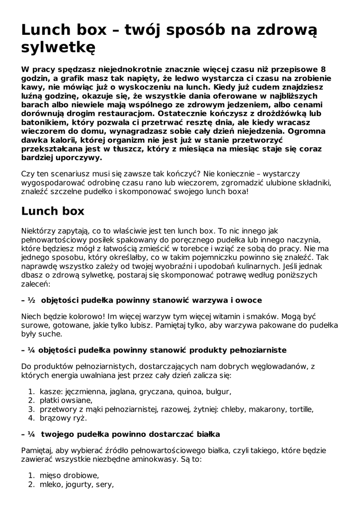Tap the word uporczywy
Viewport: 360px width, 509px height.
click(77, 159)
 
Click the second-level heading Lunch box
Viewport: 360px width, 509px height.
click(53, 211)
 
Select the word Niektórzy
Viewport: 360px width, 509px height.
click(40, 231)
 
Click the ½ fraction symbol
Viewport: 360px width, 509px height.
click(31, 301)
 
